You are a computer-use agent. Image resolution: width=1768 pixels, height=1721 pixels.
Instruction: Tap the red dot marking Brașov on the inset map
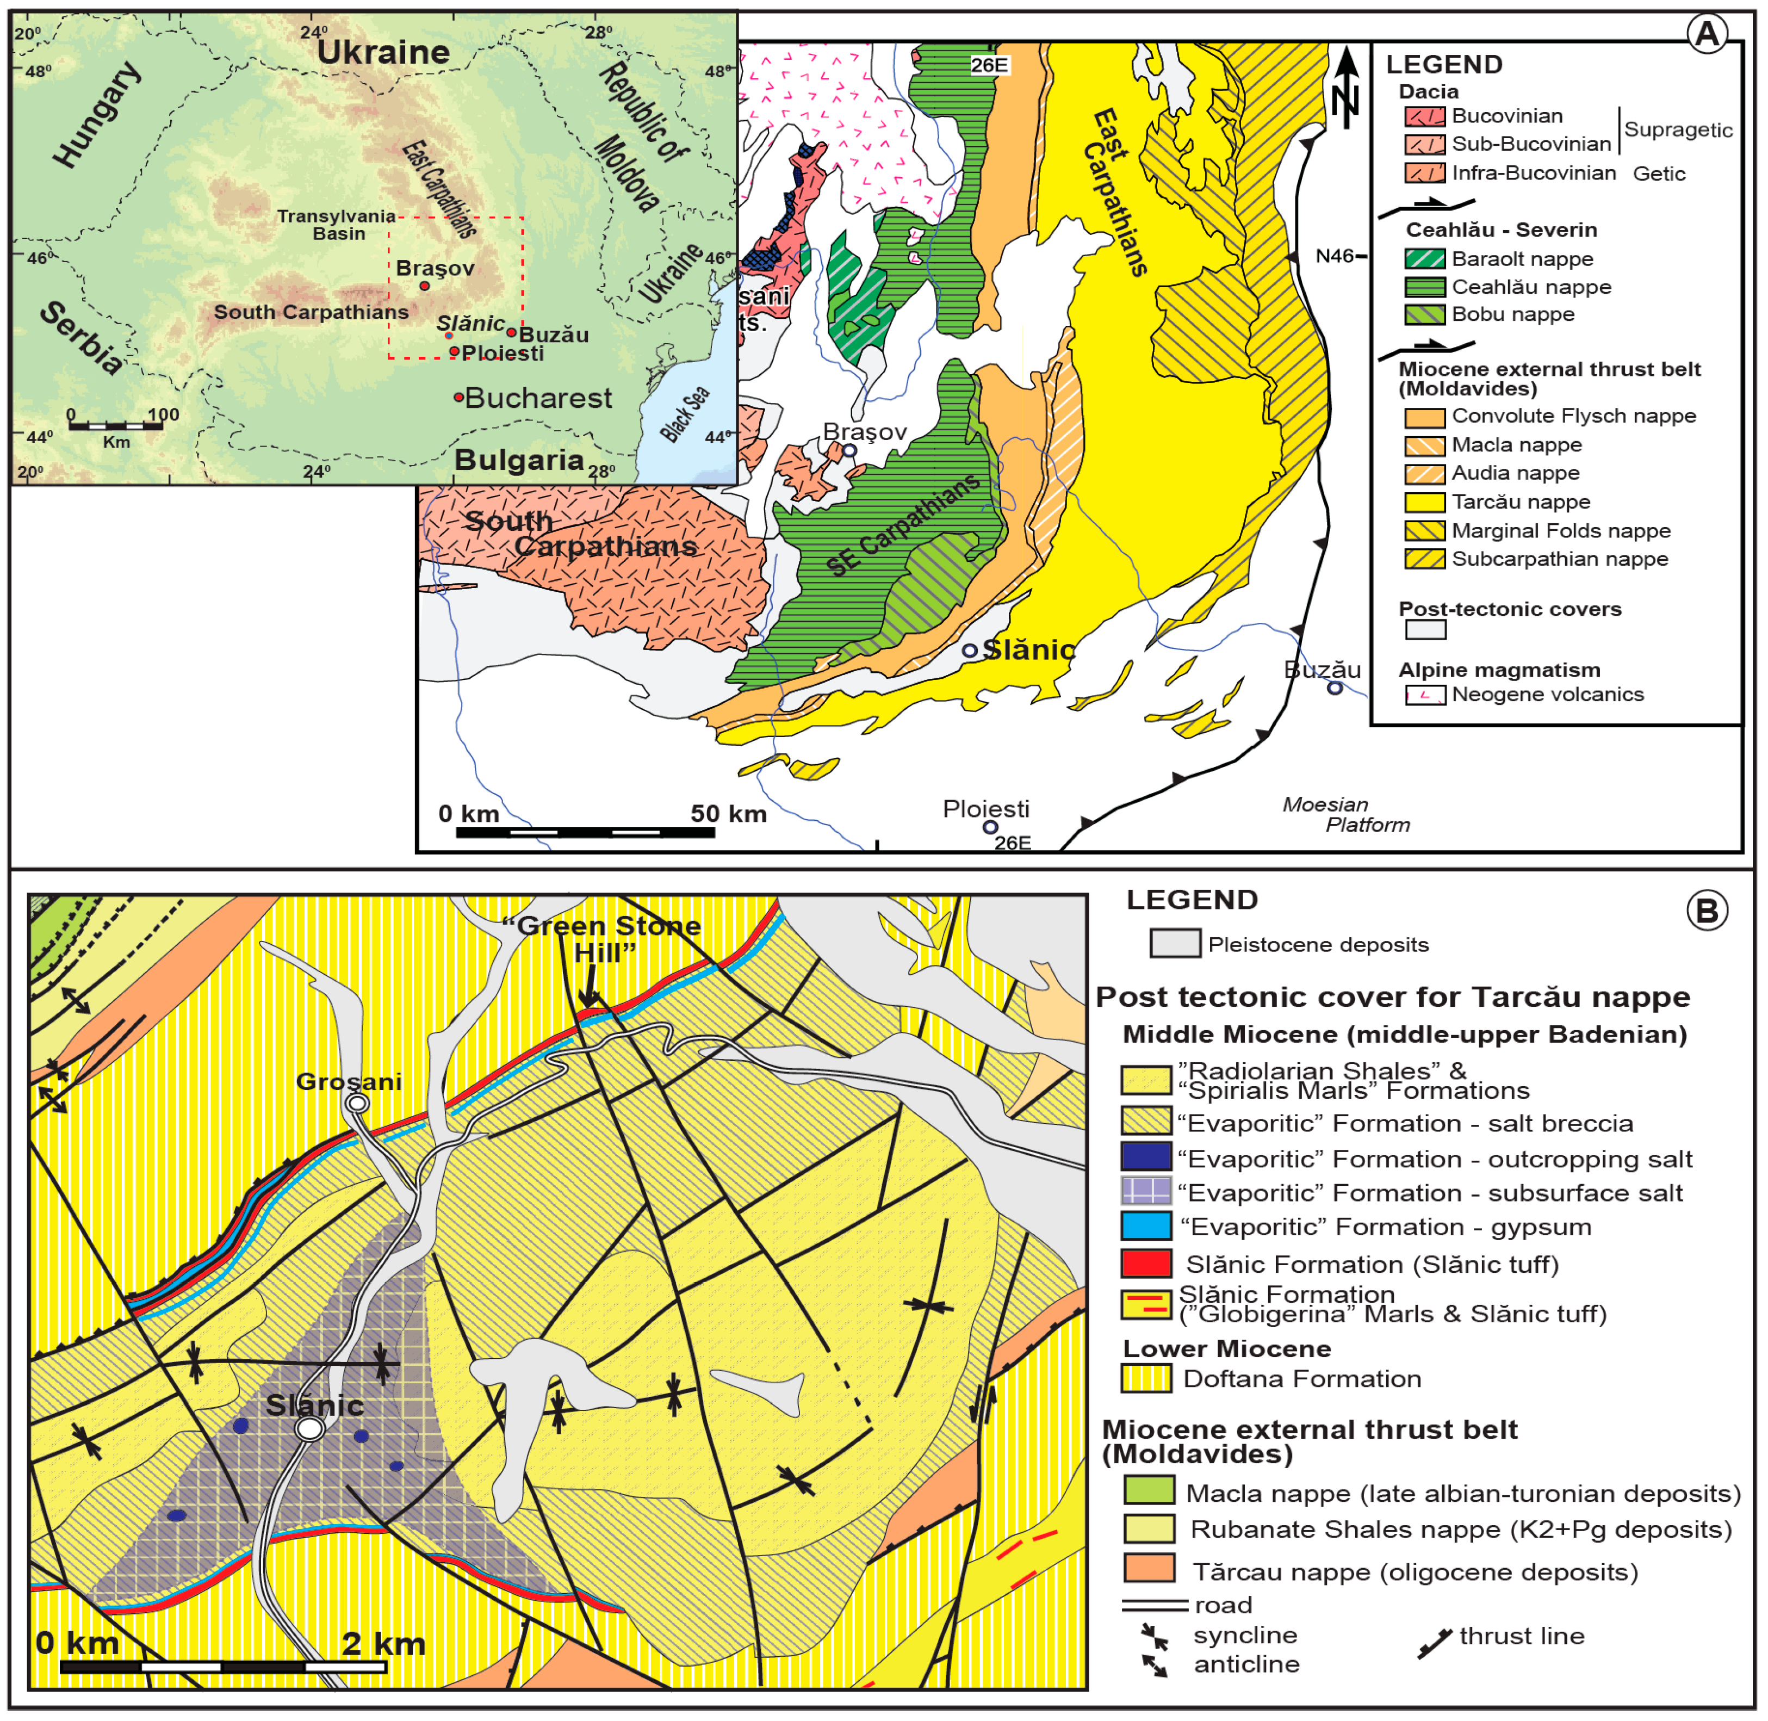425,286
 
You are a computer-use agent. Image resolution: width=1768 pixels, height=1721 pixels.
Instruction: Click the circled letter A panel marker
1707,34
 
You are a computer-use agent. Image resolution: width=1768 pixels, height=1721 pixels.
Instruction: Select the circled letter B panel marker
1707,910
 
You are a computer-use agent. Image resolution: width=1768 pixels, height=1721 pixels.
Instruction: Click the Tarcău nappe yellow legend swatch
1424,503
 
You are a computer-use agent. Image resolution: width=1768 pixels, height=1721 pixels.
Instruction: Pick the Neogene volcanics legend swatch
1424,695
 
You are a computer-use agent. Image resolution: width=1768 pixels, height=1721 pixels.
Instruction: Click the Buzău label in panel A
1322,670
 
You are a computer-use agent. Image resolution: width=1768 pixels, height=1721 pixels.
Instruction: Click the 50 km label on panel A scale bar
729,814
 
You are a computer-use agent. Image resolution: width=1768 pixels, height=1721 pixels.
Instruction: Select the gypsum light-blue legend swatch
1145,1227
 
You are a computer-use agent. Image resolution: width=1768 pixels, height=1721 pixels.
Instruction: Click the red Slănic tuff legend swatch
1145,1264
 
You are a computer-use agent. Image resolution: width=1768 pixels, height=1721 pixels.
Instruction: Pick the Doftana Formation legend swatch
1145,1378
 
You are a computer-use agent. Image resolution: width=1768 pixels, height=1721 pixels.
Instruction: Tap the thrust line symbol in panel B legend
1435,1643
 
